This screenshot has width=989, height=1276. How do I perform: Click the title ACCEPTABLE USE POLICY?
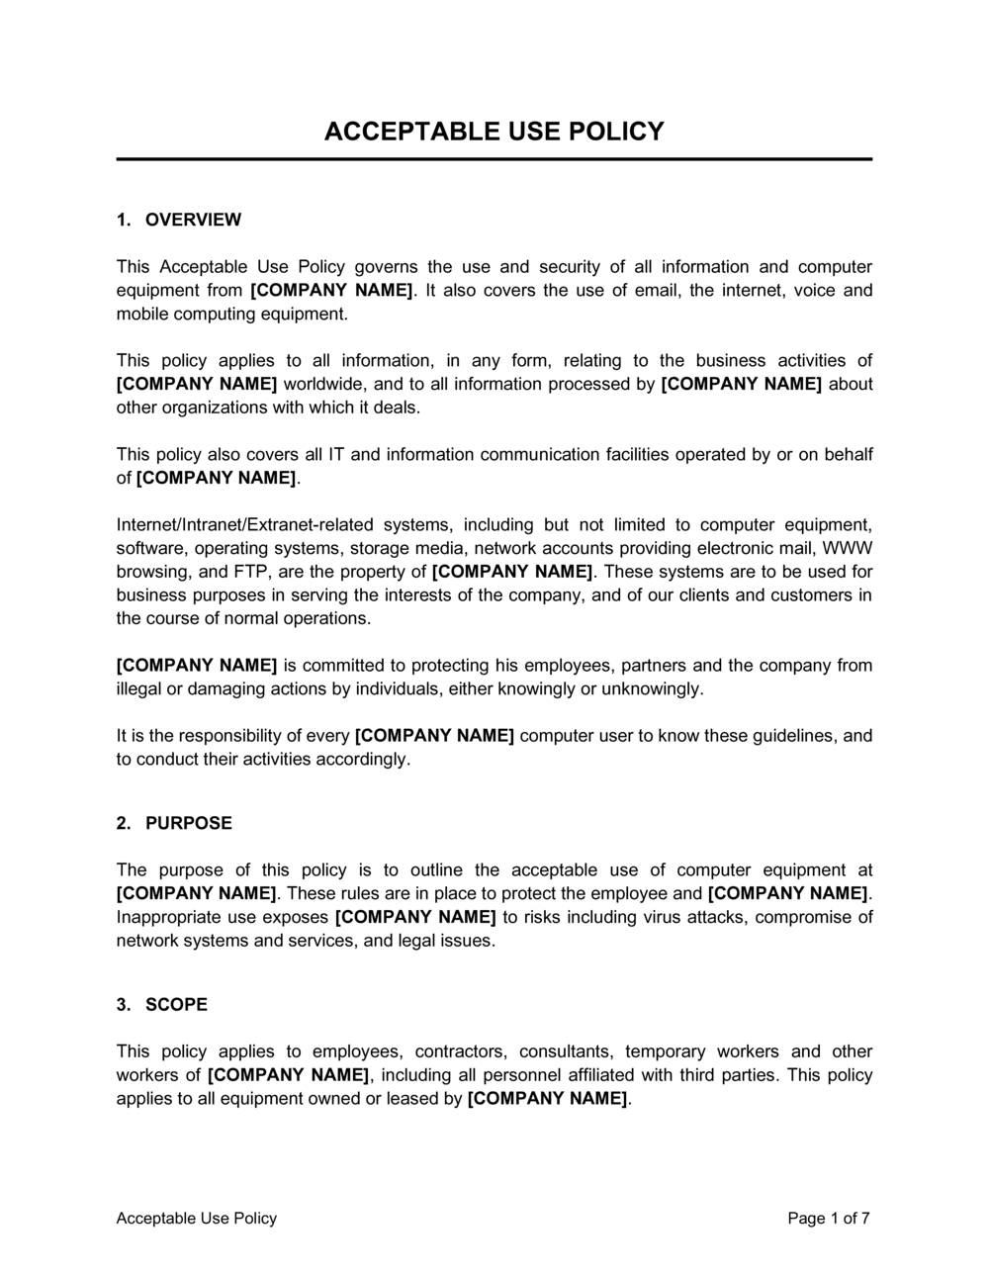[494, 132]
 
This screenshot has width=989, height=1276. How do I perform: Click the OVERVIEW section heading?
[193, 220]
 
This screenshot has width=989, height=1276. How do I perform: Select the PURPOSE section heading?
[188, 823]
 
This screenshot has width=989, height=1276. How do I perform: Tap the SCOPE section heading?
[176, 1005]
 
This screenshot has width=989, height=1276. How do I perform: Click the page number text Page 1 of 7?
[829, 1219]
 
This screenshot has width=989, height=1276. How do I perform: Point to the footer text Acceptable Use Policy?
[197, 1219]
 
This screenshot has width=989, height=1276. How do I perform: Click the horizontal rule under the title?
[494, 159]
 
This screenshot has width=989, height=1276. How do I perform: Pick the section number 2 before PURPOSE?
[122, 823]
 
